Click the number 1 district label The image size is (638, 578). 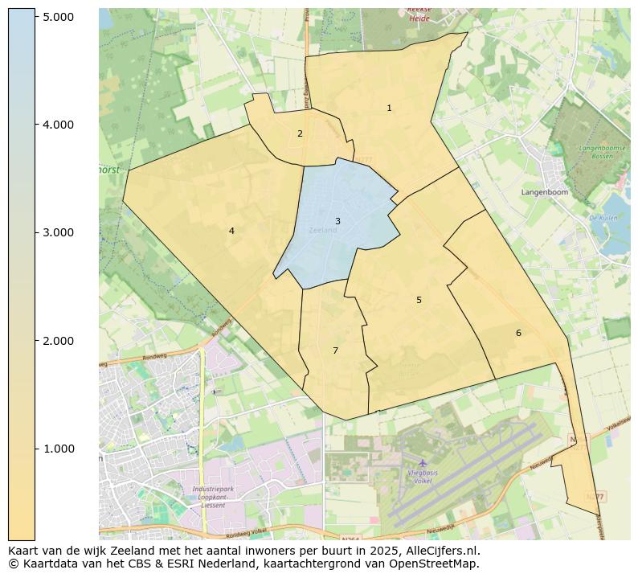click(x=389, y=108)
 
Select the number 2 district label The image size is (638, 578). click(x=300, y=133)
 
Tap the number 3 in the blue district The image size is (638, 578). click(x=337, y=221)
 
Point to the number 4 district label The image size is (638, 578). click(x=231, y=231)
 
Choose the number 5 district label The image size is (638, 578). click(x=419, y=300)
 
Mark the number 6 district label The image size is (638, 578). click(x=518, y=333)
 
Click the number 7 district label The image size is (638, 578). click(x=335, y=350)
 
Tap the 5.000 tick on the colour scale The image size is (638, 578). click(x=59, y=17)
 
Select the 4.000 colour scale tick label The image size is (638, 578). click(x=59, y=125)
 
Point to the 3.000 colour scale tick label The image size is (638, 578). click(x=59, y=232)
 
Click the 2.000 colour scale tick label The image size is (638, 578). click(x=59, y=341)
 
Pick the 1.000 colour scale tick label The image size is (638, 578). click(x=59, y=449)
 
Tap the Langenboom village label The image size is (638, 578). click(x=544, y=193)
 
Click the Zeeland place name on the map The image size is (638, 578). click(x=323, y=231)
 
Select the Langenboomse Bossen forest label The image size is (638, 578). click(x=595, y=152)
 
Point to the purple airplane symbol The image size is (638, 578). click(x=423, y=462)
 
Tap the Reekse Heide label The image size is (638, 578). click(x=419, y=13)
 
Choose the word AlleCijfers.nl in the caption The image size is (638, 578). click(x=440, y=551)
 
